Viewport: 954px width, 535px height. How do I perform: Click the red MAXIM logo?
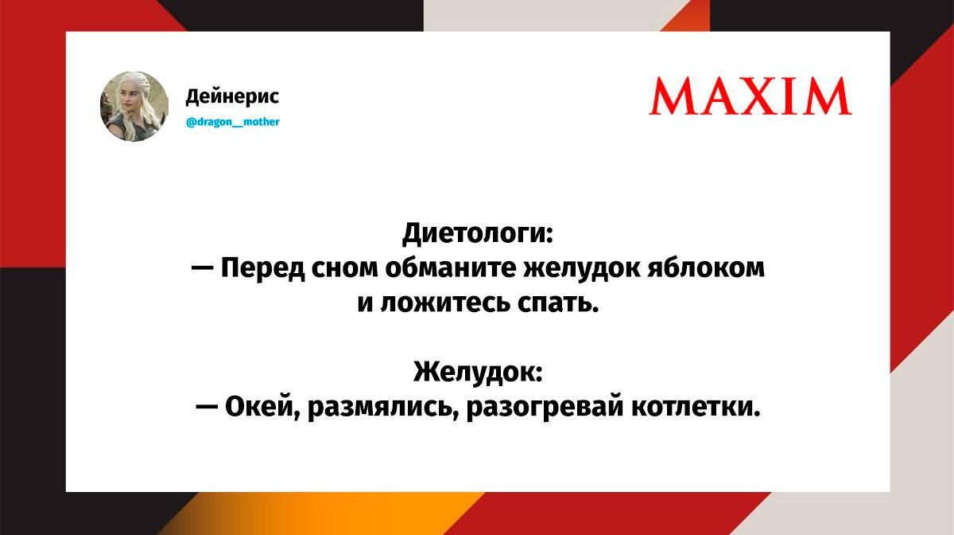pyautogui.click(x=750, y=96)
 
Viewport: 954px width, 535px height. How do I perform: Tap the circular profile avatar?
pyautogui.click(x=134, y=106)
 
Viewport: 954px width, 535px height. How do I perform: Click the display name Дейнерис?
pyautogui.click(x=232, y=96)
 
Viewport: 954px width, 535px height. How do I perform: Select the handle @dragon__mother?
pyautogui.click(x=233, y=122)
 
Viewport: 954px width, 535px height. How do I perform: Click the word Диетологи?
pyautogui.click(x=478, y=234)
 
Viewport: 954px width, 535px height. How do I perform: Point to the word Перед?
pyautogui.click(x=263, y=269)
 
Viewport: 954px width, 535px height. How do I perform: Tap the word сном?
pyautogui.click(x=344, y=269)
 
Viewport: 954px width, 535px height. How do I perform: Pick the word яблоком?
pyautogui.click(x=706, y=269)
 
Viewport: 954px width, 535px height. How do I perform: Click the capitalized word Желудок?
pyautogui.click(x=479, y=372)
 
